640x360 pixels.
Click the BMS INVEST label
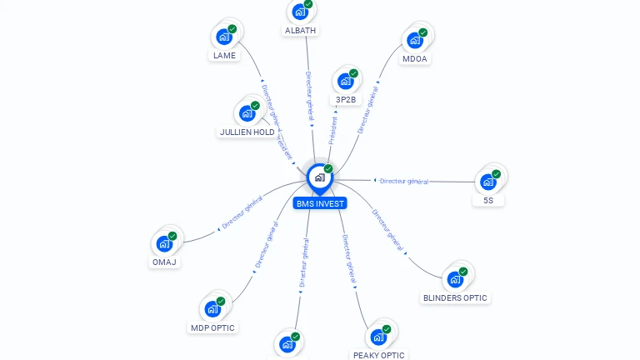(x=319, y=203)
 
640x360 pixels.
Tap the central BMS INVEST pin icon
(x=319, y=177)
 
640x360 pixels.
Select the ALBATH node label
(x=300, y=31)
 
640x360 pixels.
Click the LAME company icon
(x=223, y=37)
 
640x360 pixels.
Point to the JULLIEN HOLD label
(x=247, y=132)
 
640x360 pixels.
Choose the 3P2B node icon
(x=345, y=82)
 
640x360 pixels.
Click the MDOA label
(x=414, y=59)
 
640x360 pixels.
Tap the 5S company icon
(x=487, y=182)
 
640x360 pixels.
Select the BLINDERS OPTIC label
(x=454, y=297)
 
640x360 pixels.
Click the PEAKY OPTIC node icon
(x=378, y=337)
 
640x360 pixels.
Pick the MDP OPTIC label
(x=212, y=327)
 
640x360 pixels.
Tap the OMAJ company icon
(x=164, y=244)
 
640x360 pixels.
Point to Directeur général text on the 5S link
(x=403, y=181)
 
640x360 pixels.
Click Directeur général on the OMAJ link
(x=242, y=213)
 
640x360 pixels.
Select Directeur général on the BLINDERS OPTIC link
(x=387, y=229)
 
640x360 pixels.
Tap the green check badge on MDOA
(x=423, y=32)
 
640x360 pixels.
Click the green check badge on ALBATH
(x=308, y=4)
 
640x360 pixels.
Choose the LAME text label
(x=224, y=56)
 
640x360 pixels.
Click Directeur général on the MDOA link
(x=367, y=112)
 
